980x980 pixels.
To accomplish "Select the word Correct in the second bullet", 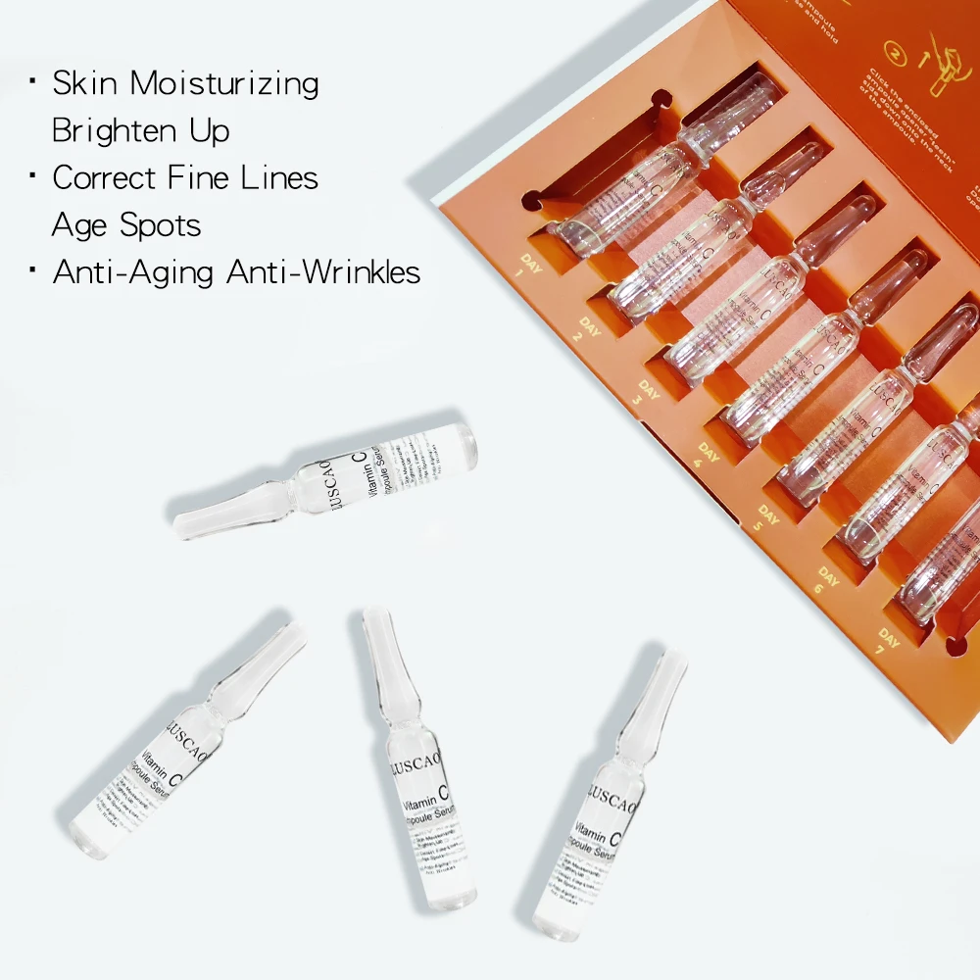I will pyautogui.click(x=104, y=178).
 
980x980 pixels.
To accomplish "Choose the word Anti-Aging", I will pyautogui.click(x=134, y=272).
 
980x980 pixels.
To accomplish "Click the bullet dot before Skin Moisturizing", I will pyautogui.click(x=33, y=76).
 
